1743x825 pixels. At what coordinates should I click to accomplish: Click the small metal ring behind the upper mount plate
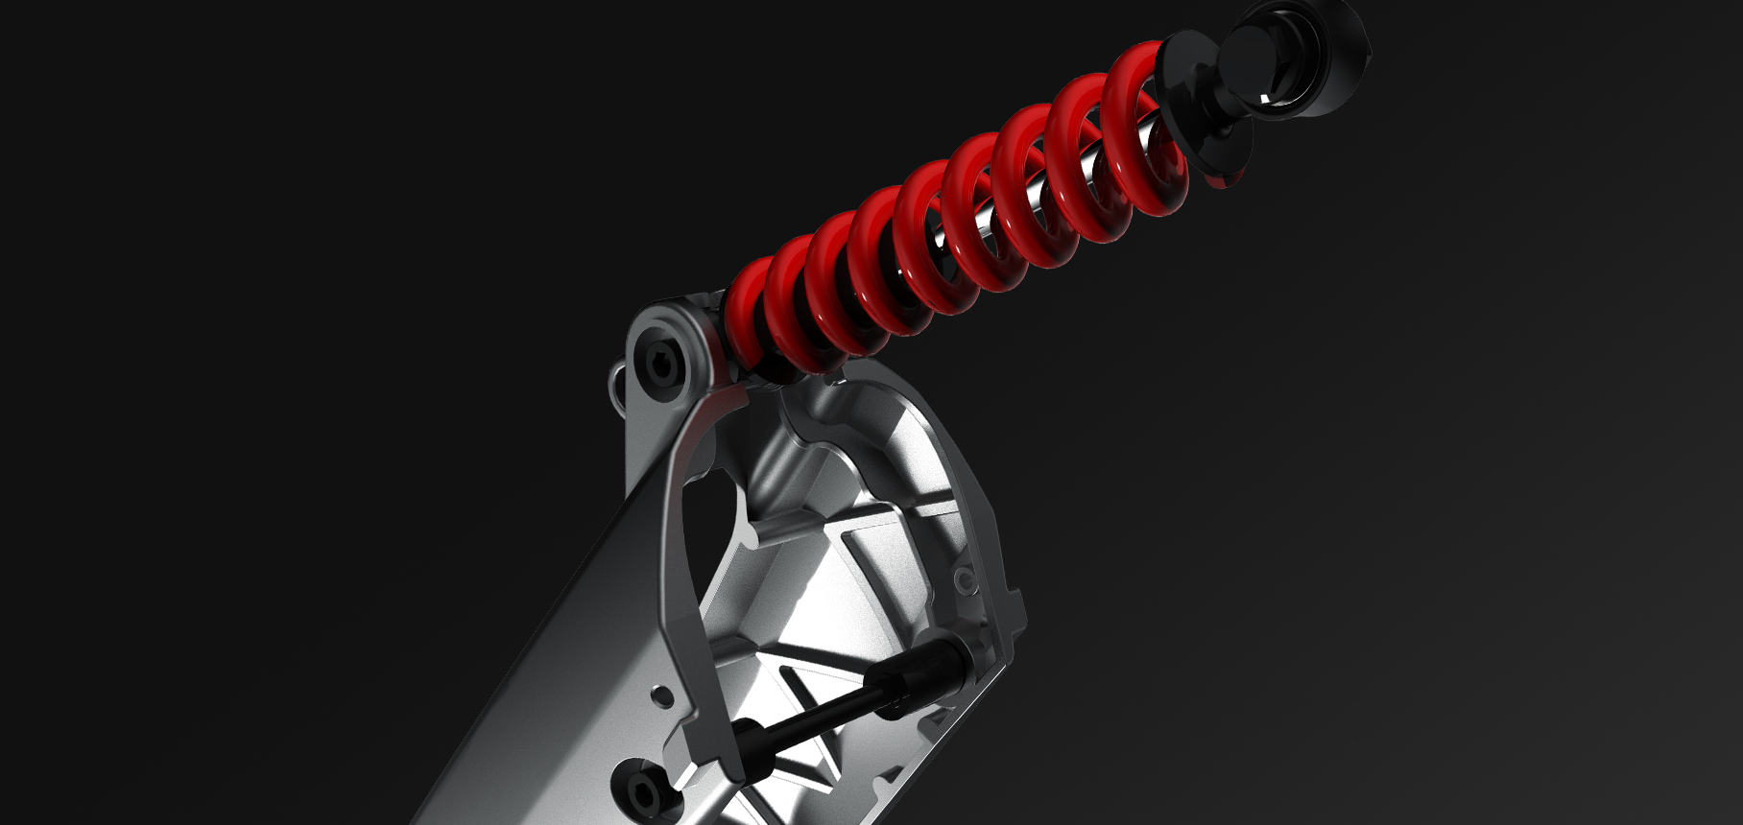pos(619,384)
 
